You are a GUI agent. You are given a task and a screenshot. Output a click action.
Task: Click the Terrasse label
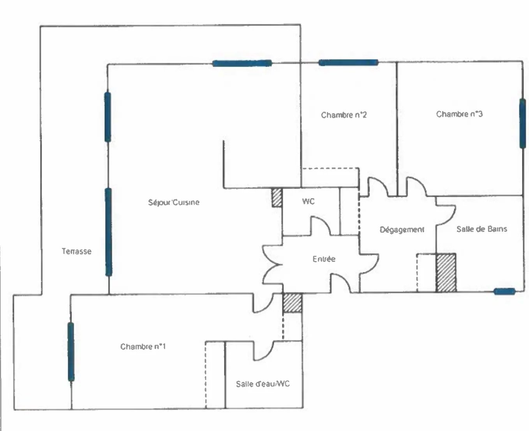click(x=76, y=251)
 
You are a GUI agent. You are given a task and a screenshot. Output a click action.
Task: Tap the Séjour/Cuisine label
click(x=174, y=202)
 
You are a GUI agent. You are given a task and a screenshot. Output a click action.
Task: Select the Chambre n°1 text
click(x=143, y=346)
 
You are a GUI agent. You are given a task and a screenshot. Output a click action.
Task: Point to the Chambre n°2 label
click(x=344, y=115)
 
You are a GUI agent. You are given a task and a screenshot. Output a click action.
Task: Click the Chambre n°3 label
click(x=459, y=114)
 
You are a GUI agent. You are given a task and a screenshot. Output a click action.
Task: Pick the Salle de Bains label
click(x=481, y=229)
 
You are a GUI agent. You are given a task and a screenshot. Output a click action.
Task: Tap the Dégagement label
click(x=402, y=230)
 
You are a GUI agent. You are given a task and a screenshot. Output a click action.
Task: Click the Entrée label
click(x=324, y=259)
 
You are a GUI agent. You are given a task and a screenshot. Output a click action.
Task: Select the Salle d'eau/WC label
click(x=263, y=384)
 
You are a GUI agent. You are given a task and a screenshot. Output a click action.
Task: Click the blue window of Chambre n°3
click(x=522, y=124)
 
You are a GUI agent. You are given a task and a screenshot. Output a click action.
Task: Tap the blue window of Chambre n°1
click(x=71, y=352)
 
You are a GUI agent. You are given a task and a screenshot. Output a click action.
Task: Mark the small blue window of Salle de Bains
click(x=504, y=291)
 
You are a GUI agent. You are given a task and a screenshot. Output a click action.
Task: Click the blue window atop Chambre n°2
click(x=348, y=63)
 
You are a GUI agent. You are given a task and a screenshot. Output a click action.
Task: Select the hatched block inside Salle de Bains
click(x=446, y=272)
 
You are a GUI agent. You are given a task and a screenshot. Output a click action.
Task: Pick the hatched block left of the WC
click(x=277, y=198)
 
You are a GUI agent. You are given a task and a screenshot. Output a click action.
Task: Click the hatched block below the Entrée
click(x=293, y=302)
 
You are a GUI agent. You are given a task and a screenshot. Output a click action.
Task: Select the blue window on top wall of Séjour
click(x=242, y=64)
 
